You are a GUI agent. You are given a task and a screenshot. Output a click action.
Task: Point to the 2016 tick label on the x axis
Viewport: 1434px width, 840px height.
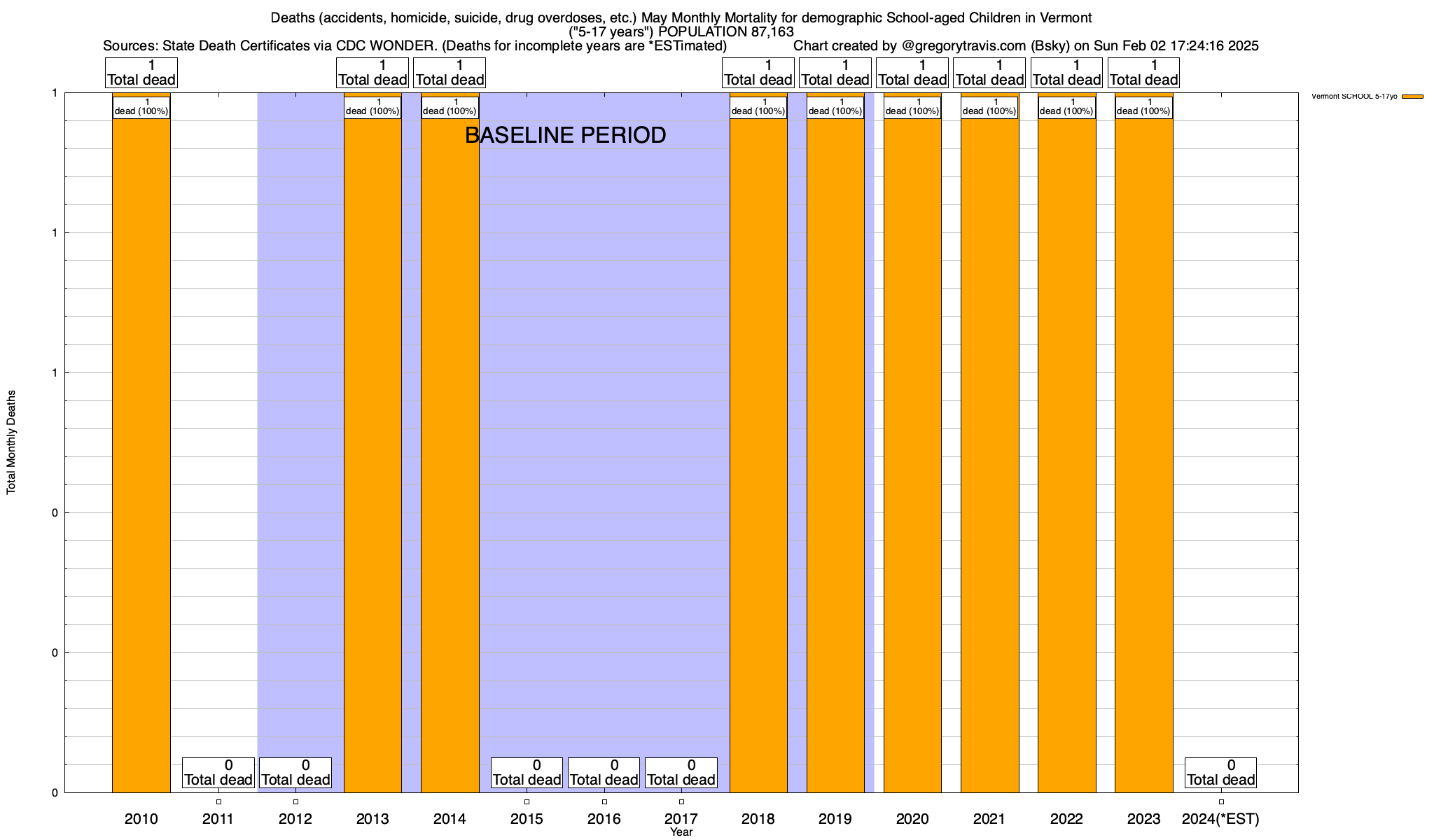604,819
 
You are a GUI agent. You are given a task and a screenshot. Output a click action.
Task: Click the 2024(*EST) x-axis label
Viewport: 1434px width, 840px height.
1220,819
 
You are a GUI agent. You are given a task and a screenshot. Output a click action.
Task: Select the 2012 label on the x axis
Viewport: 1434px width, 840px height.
295,819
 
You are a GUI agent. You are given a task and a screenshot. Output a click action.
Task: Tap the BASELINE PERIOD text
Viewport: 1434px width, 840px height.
565,135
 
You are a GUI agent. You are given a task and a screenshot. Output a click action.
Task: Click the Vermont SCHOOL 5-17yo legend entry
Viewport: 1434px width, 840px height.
1366,97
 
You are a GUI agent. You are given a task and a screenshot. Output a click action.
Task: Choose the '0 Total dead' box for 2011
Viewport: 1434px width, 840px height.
218,773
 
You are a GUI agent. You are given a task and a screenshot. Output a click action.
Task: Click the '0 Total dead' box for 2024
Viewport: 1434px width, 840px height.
1220,773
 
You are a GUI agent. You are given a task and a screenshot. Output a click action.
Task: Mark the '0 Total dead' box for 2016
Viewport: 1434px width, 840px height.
604,773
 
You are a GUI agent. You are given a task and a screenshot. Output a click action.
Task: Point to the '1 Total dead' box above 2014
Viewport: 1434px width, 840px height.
450,73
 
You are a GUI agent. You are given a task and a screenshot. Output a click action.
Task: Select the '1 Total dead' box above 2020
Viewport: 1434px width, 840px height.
912,73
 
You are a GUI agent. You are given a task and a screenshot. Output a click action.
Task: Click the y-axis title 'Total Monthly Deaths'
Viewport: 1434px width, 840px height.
11,442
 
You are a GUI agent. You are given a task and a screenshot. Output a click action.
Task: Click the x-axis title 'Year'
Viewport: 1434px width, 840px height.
681,832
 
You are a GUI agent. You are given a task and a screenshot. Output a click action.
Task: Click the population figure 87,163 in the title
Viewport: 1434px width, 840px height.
765,31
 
